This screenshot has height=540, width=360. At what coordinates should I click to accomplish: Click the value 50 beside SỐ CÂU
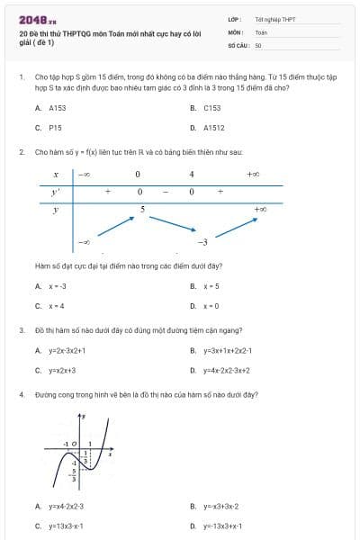click(258, 44)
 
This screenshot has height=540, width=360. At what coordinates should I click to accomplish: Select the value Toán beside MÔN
click(261, 31)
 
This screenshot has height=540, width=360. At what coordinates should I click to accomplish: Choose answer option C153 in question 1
click(212, 107)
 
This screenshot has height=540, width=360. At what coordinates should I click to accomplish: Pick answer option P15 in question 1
click(55, 128)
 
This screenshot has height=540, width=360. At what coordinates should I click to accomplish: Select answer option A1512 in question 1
click(214, 128)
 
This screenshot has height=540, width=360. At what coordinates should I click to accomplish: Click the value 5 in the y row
click(141, 209)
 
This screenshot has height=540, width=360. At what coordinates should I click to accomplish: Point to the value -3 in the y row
click(203, 242)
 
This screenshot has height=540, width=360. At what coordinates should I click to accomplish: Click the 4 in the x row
click(192, 174)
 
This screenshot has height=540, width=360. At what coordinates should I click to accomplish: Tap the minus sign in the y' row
click(166, 192)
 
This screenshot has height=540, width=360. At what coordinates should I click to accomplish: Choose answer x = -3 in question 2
click(58, 286)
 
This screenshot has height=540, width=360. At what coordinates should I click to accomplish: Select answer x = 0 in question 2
click(211, 306)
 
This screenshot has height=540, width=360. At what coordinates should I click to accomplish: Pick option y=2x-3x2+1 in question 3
click(67, 350)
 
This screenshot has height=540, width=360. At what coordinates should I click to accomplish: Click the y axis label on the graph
click(84, 417)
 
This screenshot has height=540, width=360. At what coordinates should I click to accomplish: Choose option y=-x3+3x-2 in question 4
click(220, 507)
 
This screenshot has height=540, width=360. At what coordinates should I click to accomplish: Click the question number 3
click(21, 330)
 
